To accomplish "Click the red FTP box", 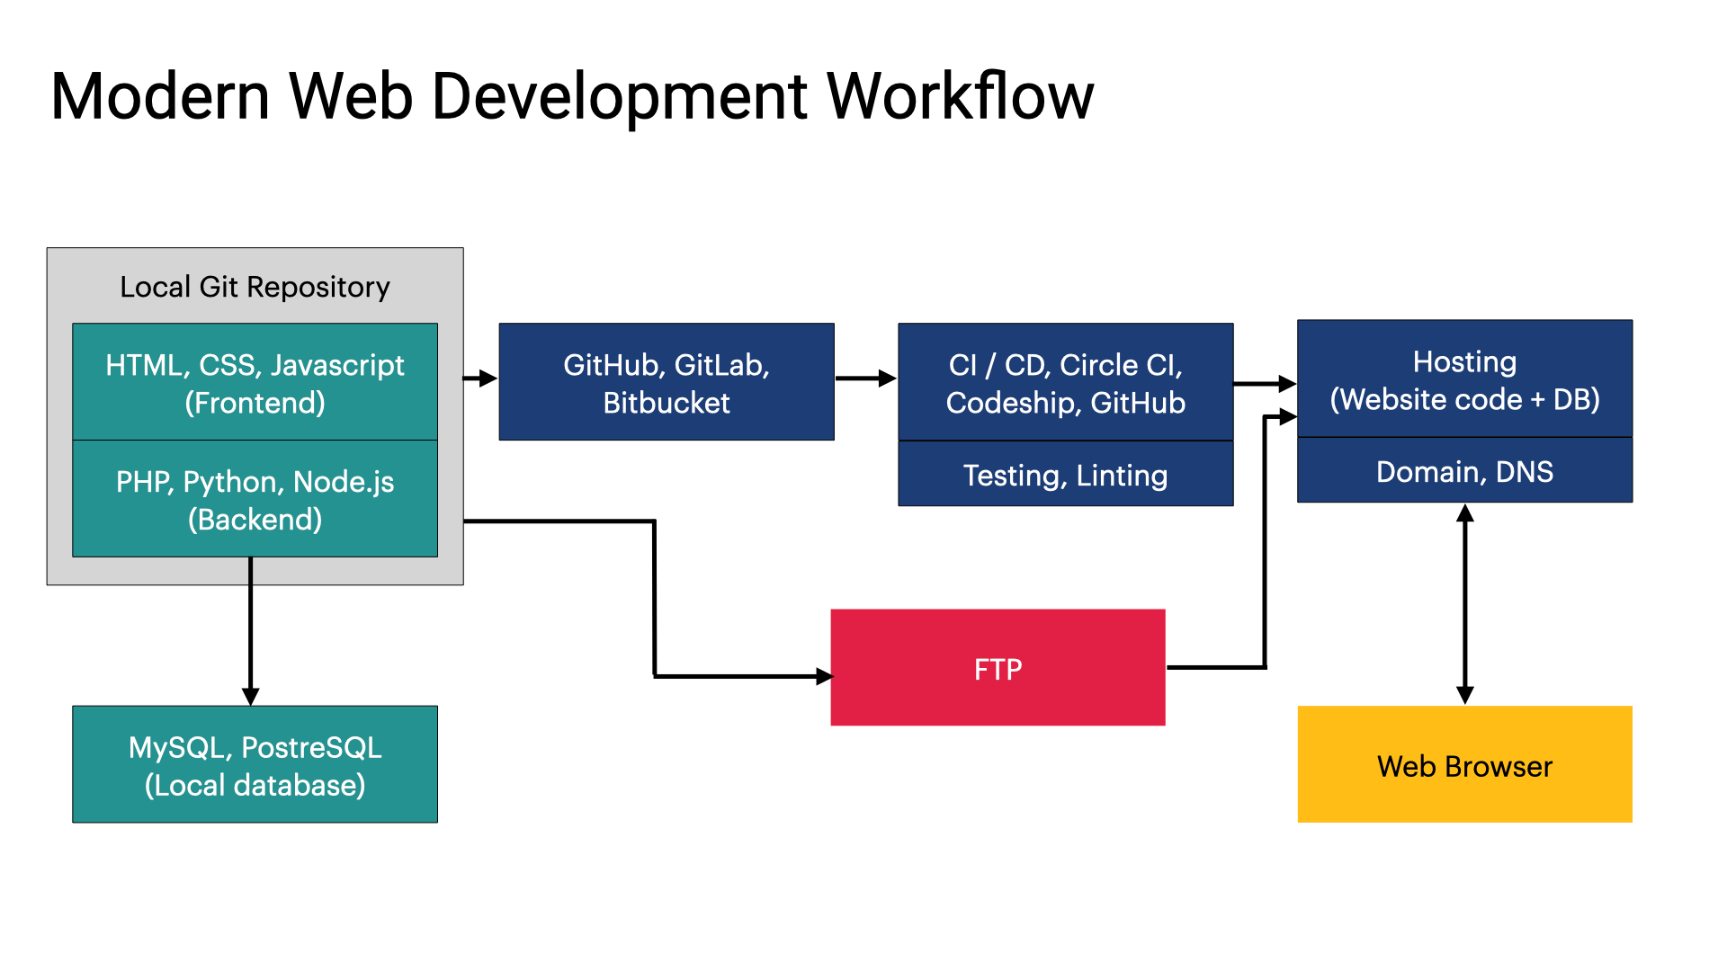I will (x=998, y=668).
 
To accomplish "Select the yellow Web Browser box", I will (x=1464, y=764).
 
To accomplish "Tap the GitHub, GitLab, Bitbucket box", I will (x=667, y=382).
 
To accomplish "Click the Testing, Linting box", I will (x=1065, y=475).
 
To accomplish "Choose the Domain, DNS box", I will (x=1464, y=471).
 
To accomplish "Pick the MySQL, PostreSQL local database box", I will (x=255, y=764).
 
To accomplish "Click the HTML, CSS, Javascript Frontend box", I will (x=255, y=382).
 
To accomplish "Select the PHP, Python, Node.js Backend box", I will (x=255, y=499).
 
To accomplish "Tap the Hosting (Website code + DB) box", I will (x=1464, y=379).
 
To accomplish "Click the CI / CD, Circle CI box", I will (x=1065, y=382).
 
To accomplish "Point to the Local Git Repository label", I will (x=255, y=287).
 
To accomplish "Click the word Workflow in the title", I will (x=960, y=96).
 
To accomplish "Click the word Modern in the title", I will (x=160, y=96).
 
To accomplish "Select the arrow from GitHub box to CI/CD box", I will (x=865, y=379).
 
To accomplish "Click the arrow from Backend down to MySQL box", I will (x=251, y=629).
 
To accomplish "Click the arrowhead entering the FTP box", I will (x=824, y=676).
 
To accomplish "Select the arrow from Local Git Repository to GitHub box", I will (x=480, y=379).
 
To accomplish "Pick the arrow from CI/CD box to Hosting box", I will (x=1264, y=384).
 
